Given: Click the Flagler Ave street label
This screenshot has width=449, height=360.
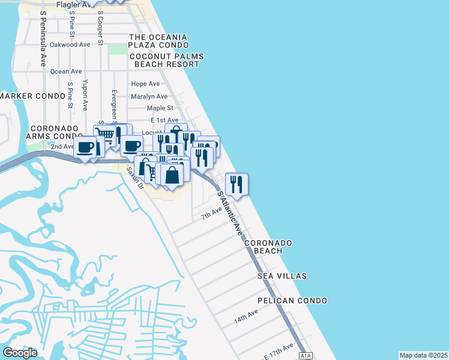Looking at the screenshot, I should click(x=71, y=5).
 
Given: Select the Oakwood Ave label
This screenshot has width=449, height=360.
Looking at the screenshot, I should click(x=70, y=44).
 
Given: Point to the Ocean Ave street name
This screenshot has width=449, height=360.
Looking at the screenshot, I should click(x=66, y=71).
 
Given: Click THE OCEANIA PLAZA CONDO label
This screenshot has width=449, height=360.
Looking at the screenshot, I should click(x=158, y=41).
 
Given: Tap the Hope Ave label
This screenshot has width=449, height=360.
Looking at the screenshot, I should click(x=145, y=84).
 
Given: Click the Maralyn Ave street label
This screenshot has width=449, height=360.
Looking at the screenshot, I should click(x=149, y=96).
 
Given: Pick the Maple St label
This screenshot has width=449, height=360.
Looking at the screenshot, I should click(x=160, y=108).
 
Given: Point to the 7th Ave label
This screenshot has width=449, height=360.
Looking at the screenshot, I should click(x=211, y=214).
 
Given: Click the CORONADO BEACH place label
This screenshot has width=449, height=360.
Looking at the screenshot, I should click(x=267, y=247).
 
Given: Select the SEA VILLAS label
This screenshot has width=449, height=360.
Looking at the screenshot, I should click(x=282, y=276).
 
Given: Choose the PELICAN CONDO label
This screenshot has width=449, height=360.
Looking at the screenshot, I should click(x=292, y=300).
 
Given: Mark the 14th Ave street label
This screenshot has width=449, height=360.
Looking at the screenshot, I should click(x=246, y=317).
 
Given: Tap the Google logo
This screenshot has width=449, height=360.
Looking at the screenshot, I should click(x=20, y=353).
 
